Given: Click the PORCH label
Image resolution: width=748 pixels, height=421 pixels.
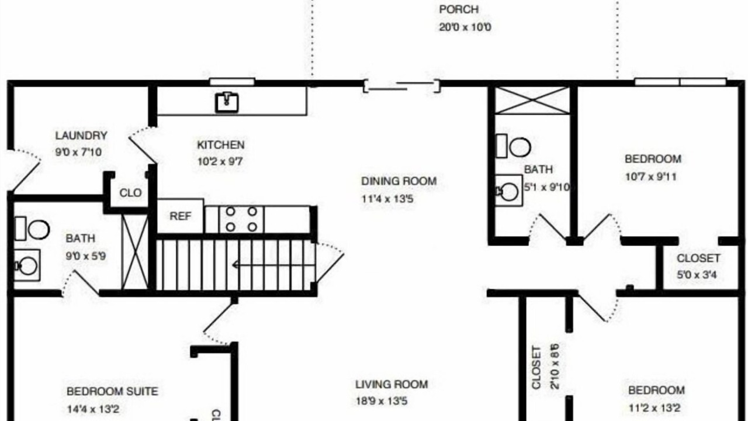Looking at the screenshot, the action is click(459, 9).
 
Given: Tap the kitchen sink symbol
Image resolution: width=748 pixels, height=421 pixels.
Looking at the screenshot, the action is click(227, 102).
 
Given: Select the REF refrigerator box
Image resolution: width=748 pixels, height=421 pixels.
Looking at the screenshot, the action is click(181, 216).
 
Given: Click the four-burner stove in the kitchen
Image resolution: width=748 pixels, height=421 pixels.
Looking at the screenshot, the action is click(241, 219).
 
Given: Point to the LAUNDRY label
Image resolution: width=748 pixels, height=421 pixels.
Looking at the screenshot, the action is click(81, 135).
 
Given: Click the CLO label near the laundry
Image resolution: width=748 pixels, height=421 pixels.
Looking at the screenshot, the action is click(130, 193).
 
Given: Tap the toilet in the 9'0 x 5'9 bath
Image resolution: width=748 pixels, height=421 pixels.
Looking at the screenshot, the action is click(32, 229).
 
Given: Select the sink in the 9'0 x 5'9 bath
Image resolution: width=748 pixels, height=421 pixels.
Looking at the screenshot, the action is click(27, 265).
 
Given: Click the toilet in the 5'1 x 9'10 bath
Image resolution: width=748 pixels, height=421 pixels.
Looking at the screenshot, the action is click(513, 146).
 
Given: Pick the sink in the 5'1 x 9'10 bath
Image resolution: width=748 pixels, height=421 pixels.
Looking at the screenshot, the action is click(508, 191).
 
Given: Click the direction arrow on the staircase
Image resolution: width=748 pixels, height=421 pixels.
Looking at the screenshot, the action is click(273, 265).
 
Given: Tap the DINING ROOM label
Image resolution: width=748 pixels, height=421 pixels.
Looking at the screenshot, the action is click(399, 181).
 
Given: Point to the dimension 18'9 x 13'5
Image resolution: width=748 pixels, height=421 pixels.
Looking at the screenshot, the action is click(382, 401).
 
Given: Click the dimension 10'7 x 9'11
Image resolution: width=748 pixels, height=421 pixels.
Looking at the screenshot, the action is click(650, 177).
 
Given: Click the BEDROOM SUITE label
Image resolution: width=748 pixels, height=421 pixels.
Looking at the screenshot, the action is click(112, 391).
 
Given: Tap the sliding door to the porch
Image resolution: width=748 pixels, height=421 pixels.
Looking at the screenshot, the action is click(401, 86).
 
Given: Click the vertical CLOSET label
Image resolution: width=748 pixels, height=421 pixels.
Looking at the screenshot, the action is click(536, 368).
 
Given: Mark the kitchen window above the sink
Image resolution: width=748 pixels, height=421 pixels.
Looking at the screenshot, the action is click(232, 81).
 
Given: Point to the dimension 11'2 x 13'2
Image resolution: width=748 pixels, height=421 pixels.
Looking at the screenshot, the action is click(654, 408).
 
